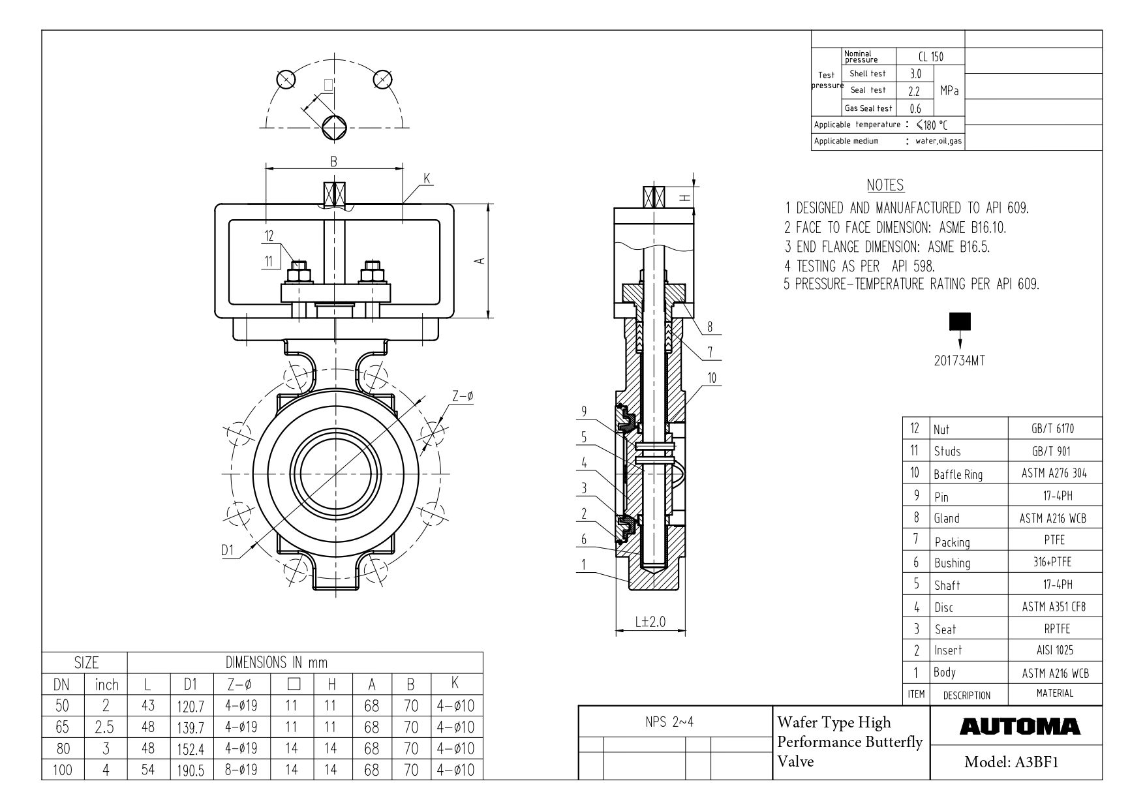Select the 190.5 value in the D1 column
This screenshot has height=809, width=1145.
[x=191, y=771]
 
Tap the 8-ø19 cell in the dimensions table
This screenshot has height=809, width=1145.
[x=241, y=770]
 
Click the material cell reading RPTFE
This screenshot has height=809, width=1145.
[x=1054, y=629]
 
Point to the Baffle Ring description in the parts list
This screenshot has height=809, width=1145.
[x=958, y=474]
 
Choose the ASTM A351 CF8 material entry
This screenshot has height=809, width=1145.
[x=1054, y=607]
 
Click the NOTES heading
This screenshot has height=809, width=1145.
[x=885, y=185]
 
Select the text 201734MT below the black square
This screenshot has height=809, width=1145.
[x=959, y=361]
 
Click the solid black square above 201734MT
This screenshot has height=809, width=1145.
[x=960, y=322]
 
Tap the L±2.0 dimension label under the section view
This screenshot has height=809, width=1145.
[x=650, y=621]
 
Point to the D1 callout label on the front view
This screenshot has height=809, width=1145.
[x=227, y=550]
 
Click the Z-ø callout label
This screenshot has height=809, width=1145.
[x=463, y=396]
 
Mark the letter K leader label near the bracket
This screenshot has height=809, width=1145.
[x=427, y=179]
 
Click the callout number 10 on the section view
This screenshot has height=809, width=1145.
[x=712, y=377]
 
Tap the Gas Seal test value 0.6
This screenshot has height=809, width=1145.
[x=915, y=108]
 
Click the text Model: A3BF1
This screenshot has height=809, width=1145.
[x=1011, y=762]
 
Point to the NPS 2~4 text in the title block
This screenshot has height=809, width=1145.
[x=675, y=724]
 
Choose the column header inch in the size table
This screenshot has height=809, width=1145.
[x=107, y=684]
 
